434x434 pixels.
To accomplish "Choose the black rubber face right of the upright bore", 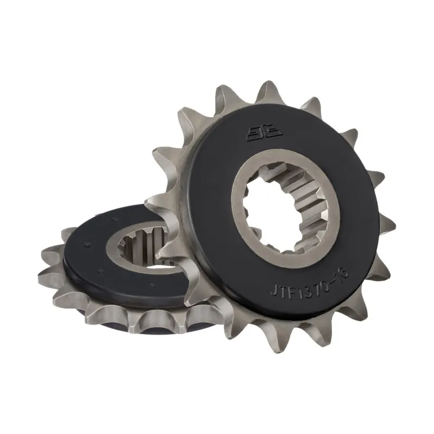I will pyautogui.click(x=355, y=206).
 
